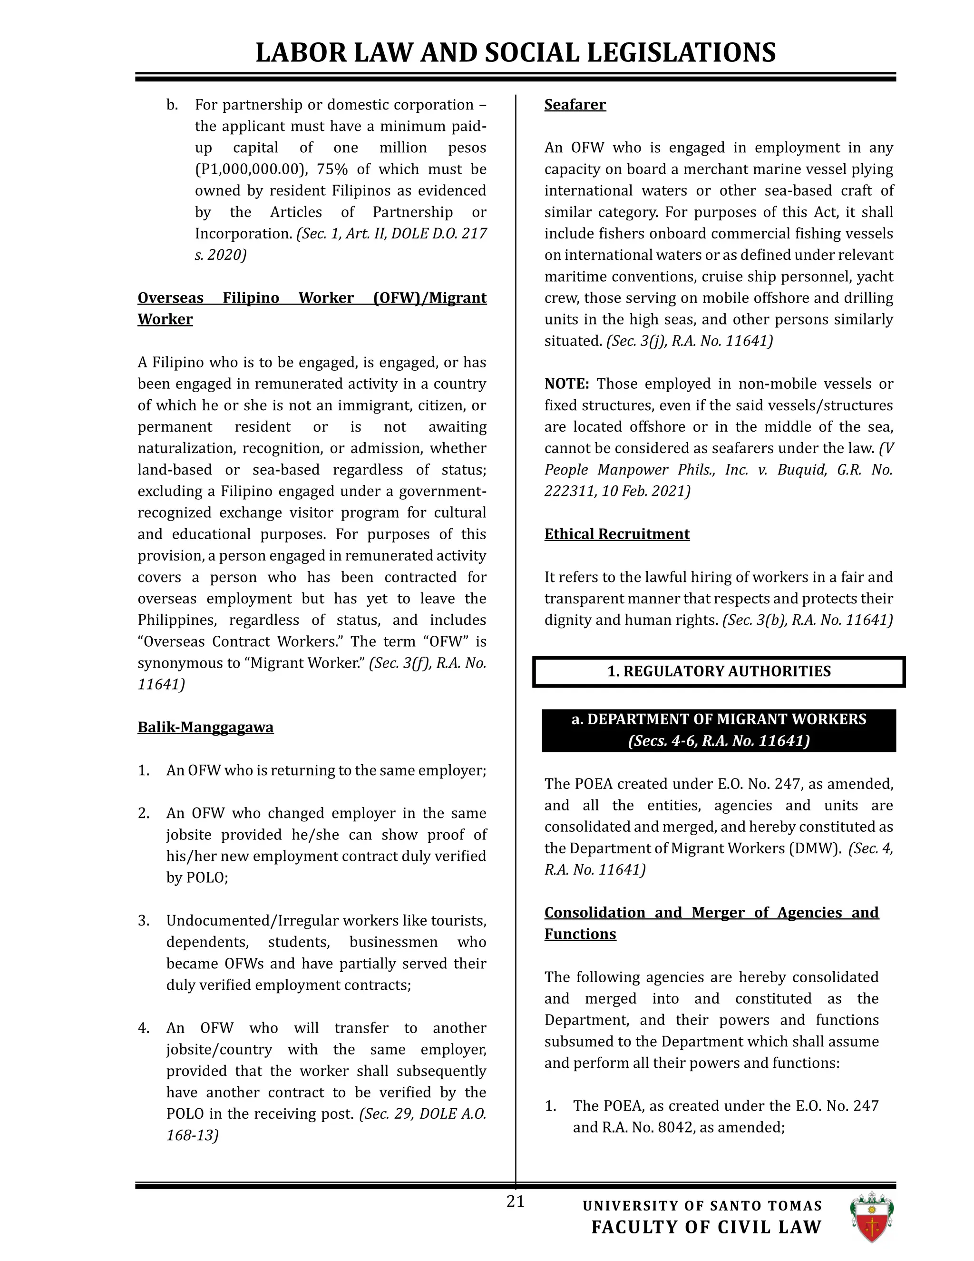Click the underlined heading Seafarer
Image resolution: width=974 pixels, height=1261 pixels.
[575, 105]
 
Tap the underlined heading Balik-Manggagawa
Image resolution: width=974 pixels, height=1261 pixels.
[205, 727]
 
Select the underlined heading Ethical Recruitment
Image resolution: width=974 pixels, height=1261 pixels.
[617, 534]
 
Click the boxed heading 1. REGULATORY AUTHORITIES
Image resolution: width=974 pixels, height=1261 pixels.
[719, 671]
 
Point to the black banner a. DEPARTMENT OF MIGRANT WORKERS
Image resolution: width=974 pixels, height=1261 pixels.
[719, 730]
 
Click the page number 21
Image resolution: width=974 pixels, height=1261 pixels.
[515, 1202]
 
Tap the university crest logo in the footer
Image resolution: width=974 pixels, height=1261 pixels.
[871, 1217]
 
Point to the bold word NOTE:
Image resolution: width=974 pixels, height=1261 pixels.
[566, 384]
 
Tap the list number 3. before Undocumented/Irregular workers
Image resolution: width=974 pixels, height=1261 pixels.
[144, 920]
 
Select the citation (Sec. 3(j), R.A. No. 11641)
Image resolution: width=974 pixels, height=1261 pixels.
[690, 341]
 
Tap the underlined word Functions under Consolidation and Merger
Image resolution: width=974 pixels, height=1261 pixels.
[580, 934]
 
